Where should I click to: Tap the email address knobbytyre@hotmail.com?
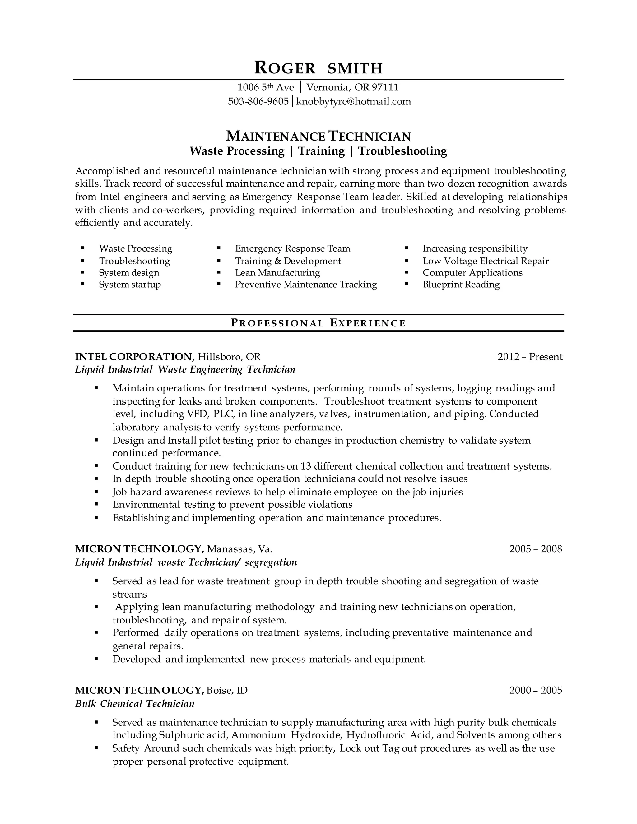click(x=354, y=101)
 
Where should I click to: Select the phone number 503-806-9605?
click(x=258, y=101)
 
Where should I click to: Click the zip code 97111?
click(x=385, y=88)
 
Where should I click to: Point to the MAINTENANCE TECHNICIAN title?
click(x=318, y=136)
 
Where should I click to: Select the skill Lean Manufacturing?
click(x=277, y=273)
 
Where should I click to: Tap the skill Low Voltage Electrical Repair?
click(x=485, y=261)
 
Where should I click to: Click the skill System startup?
click(x=130, y=285)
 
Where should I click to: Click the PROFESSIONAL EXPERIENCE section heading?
click(x=318, y=323)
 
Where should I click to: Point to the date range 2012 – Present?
click(x=530, y=357)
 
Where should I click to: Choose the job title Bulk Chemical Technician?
click(x=135, y=704)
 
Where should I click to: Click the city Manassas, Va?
click(x=239, y=549)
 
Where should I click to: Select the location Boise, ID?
click(x=227, y=690)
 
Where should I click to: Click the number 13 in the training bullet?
click(x=305, y=466)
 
